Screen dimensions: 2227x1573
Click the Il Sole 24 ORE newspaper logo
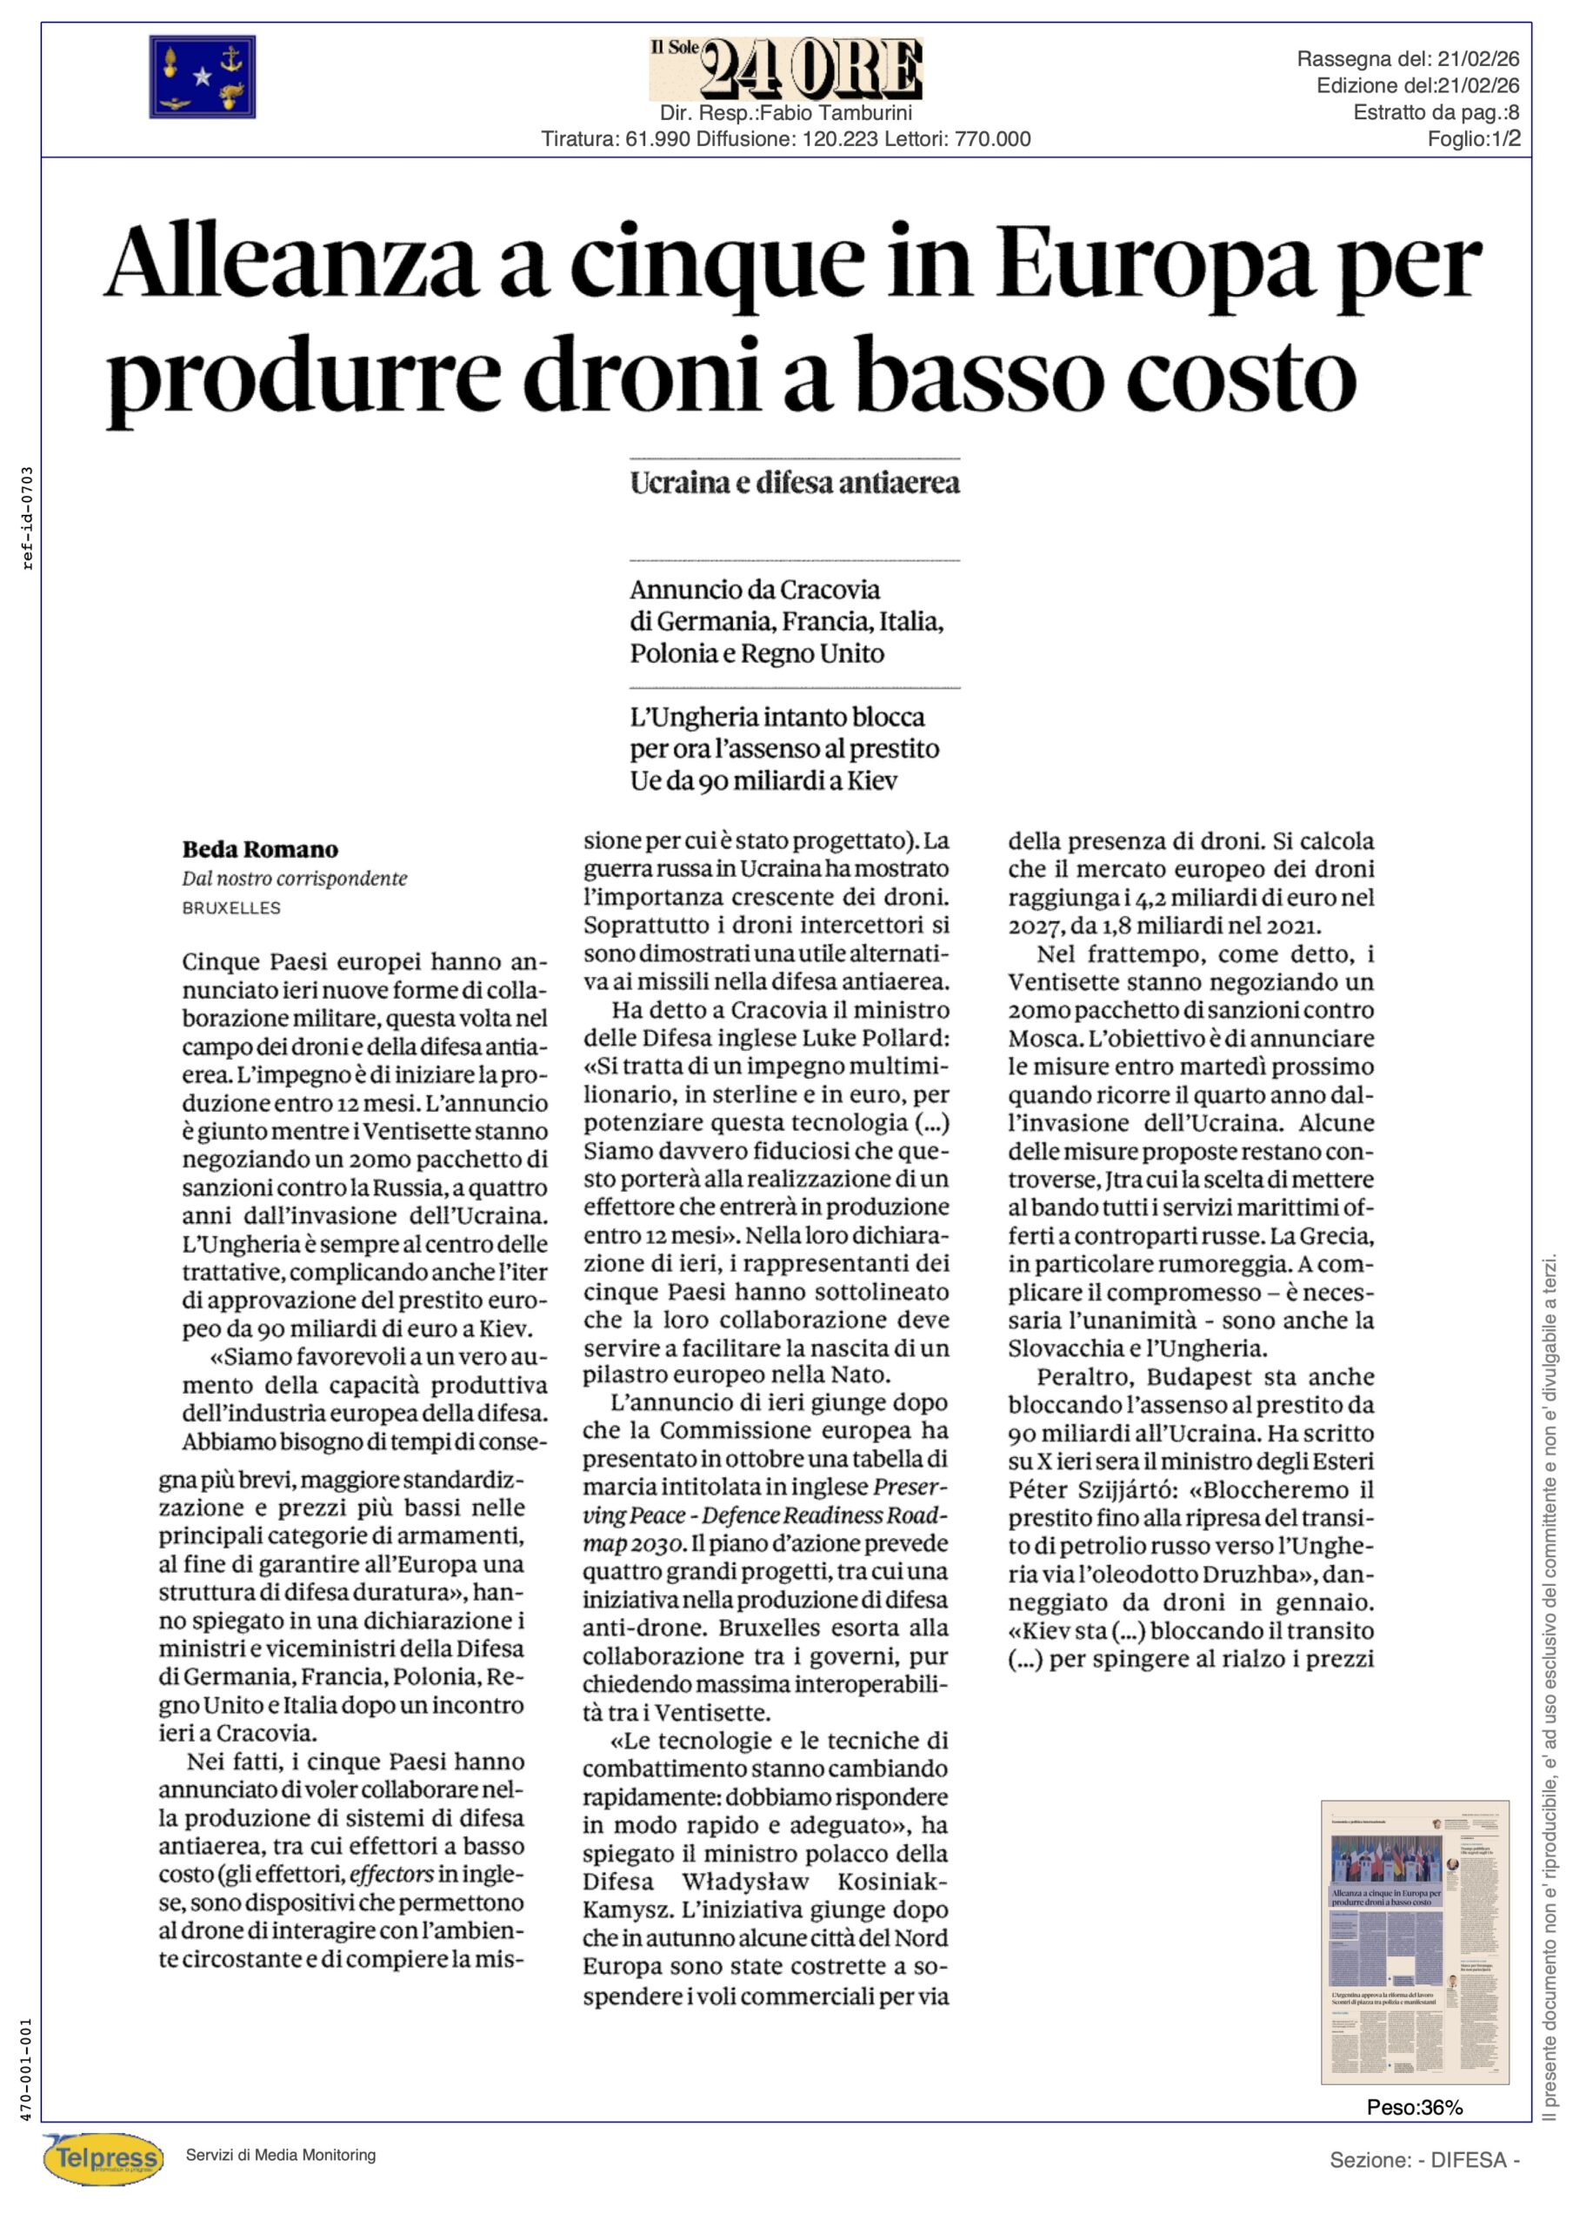coord(785,69)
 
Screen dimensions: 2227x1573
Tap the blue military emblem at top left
coord(202,77)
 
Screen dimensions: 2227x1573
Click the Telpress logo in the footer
coord(103,2158)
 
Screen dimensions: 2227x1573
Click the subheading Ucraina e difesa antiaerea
coord(794,483)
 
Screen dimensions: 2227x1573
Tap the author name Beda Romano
coord(260,850)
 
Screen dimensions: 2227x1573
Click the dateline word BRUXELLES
coord(230,908)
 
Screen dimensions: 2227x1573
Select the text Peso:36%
coord(1414,2107)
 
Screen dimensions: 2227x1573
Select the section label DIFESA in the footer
coord(1467,2160)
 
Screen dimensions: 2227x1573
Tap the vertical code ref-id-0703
coord(27,519)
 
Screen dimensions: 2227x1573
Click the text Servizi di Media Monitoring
coord(280,2155)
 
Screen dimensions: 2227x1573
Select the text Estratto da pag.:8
coord(1436,112)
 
